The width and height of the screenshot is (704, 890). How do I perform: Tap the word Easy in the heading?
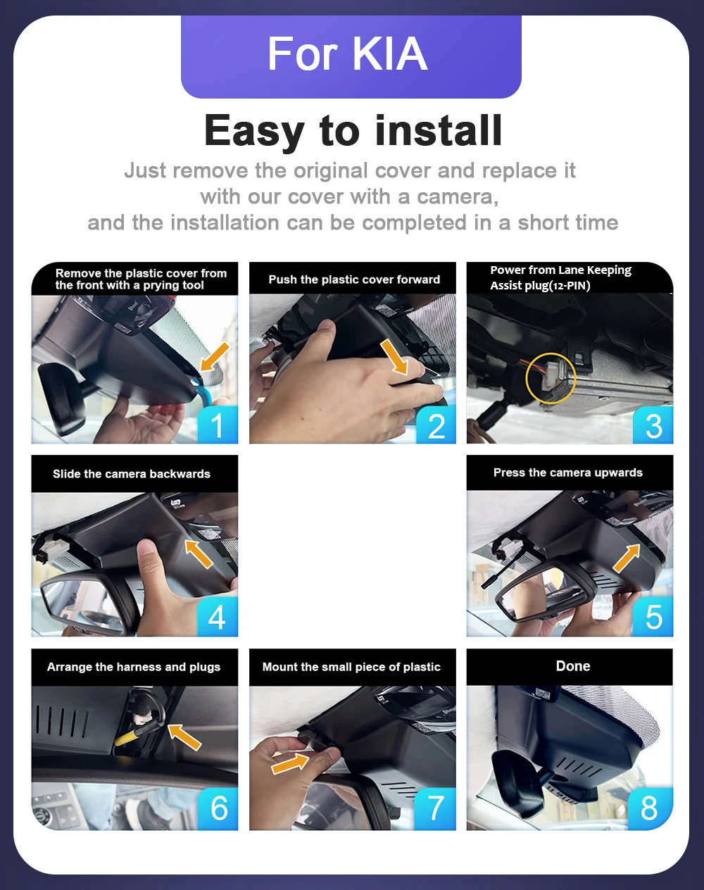coord(254,131)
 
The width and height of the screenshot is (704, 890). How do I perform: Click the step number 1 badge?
coord(218,425)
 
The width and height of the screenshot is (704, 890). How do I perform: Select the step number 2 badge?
coord(436,425)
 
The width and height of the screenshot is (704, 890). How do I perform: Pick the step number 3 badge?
coord(653,425)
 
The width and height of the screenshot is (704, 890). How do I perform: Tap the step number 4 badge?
coord(218,617)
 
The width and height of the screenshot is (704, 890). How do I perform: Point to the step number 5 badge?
coord(653,617)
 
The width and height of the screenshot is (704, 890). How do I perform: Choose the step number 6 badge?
coord(218,808)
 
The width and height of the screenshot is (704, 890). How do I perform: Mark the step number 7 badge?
coord(435,808)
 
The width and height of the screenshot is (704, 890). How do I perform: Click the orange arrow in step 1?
coord(215,356)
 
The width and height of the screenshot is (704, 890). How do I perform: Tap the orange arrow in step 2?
coord(394,357)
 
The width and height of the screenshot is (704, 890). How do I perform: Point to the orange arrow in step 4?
coord(199,553)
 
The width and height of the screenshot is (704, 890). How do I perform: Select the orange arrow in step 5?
coord(627,558)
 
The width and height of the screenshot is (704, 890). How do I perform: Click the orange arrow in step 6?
coord(184,737)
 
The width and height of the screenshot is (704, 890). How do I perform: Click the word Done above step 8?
coord(573,666)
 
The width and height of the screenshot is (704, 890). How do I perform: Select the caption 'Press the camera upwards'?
coord(568,472)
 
